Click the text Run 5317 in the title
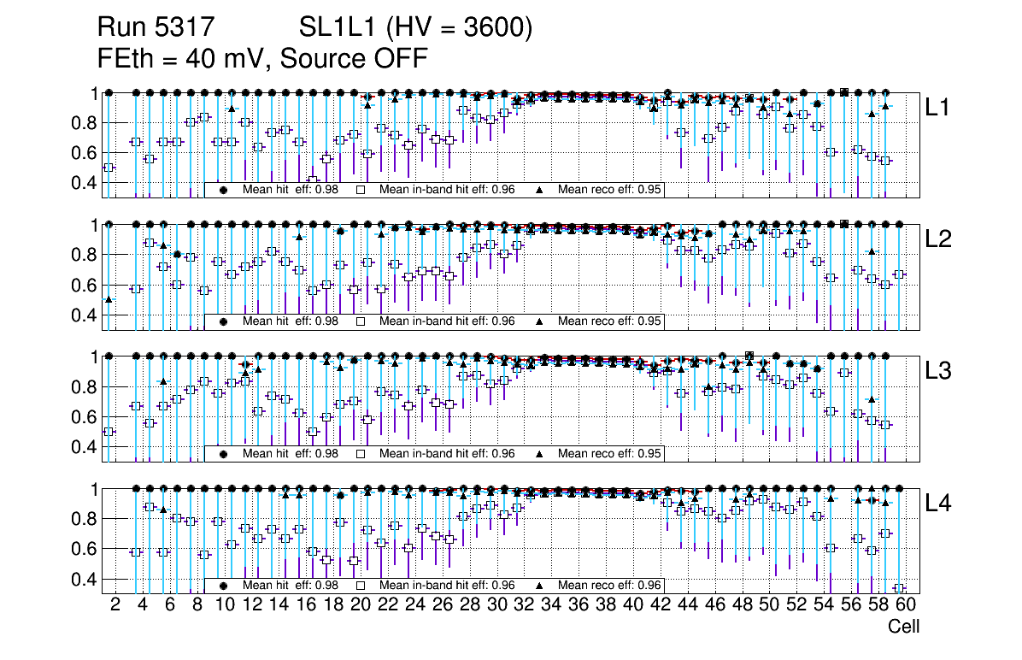[x=155, y=29]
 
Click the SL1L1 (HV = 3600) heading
[x=416, y=29]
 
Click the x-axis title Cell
[x=903, y=627]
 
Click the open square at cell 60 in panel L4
[x=899, y=588]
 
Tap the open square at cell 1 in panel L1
[x=109, y=168]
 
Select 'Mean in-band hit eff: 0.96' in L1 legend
[x=446, y=190]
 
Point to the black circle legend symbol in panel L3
[x=224, y=454]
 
